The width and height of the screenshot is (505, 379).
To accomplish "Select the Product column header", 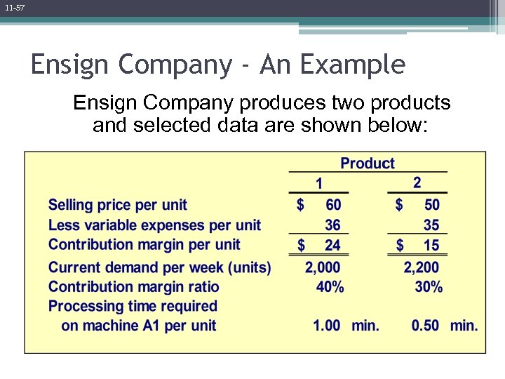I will tap(368, 164).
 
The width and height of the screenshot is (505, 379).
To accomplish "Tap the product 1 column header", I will tap(319, 184).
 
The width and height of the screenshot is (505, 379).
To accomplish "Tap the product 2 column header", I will tap(417, 182).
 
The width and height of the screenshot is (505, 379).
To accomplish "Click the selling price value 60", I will tap(333, 205).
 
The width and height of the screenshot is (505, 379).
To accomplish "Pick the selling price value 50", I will tap(432, 205).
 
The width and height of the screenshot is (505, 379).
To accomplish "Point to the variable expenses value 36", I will tap(333, 225).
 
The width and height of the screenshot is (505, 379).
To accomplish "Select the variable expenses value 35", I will tap(432, 225).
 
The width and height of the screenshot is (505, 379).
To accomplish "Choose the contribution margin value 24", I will tap(333, 245).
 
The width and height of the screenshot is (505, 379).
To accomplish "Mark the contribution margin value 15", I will tap(432, 245).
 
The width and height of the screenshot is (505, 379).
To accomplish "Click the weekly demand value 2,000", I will tap(323, 267).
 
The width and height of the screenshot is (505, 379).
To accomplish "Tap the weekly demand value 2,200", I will tap(422, 267).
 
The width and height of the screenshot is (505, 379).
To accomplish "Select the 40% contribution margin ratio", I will tap(330, 286).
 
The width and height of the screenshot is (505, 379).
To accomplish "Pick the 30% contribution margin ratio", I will tap(429, 286).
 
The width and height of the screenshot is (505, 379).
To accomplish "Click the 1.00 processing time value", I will tap(327, 326).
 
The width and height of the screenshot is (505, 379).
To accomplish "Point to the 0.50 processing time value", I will tap(426, 326).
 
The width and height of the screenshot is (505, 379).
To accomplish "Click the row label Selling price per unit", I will tap(118, 205).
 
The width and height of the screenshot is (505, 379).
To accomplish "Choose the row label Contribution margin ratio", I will tap(134, 286).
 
